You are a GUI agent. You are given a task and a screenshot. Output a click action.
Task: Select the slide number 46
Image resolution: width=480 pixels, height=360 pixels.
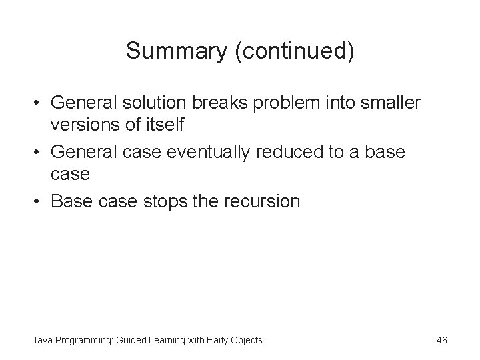tap(441, 340)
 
